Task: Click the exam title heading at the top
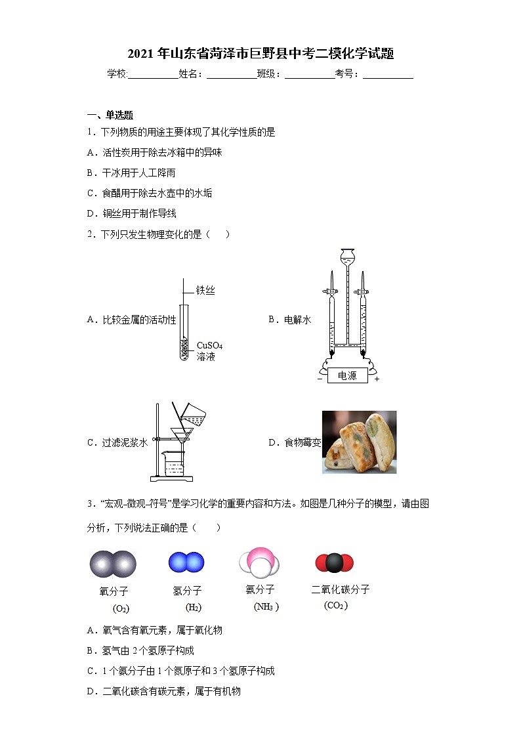point(260,54)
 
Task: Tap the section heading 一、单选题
point(110,115)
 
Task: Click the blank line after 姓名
point(232,75)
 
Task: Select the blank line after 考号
point(388,75)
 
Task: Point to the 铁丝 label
point(205,290)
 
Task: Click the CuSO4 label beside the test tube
point(209,345)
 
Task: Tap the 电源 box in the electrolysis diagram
point(347,375)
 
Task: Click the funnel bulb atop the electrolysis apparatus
point(347,255)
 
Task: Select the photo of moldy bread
point(359,442)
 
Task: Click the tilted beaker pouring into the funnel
point(194,414)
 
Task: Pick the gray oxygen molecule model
point(113,564)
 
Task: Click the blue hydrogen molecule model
point(186,562)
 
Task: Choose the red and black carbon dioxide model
point(334,562)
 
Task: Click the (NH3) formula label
point(266,607)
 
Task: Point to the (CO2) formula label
point(335,606)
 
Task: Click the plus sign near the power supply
point(377,379)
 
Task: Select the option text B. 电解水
point(289,320)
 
